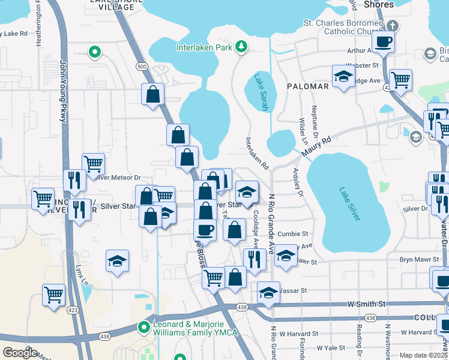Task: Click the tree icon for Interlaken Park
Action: [241, 46]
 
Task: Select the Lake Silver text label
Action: [350, 205]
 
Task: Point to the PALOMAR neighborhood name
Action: [307, 86]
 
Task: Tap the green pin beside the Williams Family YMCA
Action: [143, 327]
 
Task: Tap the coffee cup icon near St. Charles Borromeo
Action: [383, 42]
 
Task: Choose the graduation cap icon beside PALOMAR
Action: [343, 76]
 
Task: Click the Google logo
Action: [20, 352]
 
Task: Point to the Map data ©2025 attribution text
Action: [423, 355]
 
